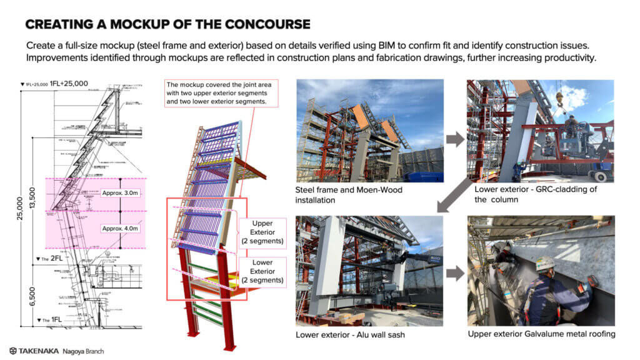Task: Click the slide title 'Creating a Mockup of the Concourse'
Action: (167, 24)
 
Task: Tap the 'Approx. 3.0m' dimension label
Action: (121, 194)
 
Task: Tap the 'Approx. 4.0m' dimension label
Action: (121, 228)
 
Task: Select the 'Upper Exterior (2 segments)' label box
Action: (262, 232)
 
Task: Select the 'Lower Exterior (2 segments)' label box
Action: (262, 271)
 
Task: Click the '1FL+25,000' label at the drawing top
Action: (66, 83)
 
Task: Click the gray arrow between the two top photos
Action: (456, 139)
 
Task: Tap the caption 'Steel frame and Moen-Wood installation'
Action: (348, 194)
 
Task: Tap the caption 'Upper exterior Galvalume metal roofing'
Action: (541, 334)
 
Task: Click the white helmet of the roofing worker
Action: (544, 263)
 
